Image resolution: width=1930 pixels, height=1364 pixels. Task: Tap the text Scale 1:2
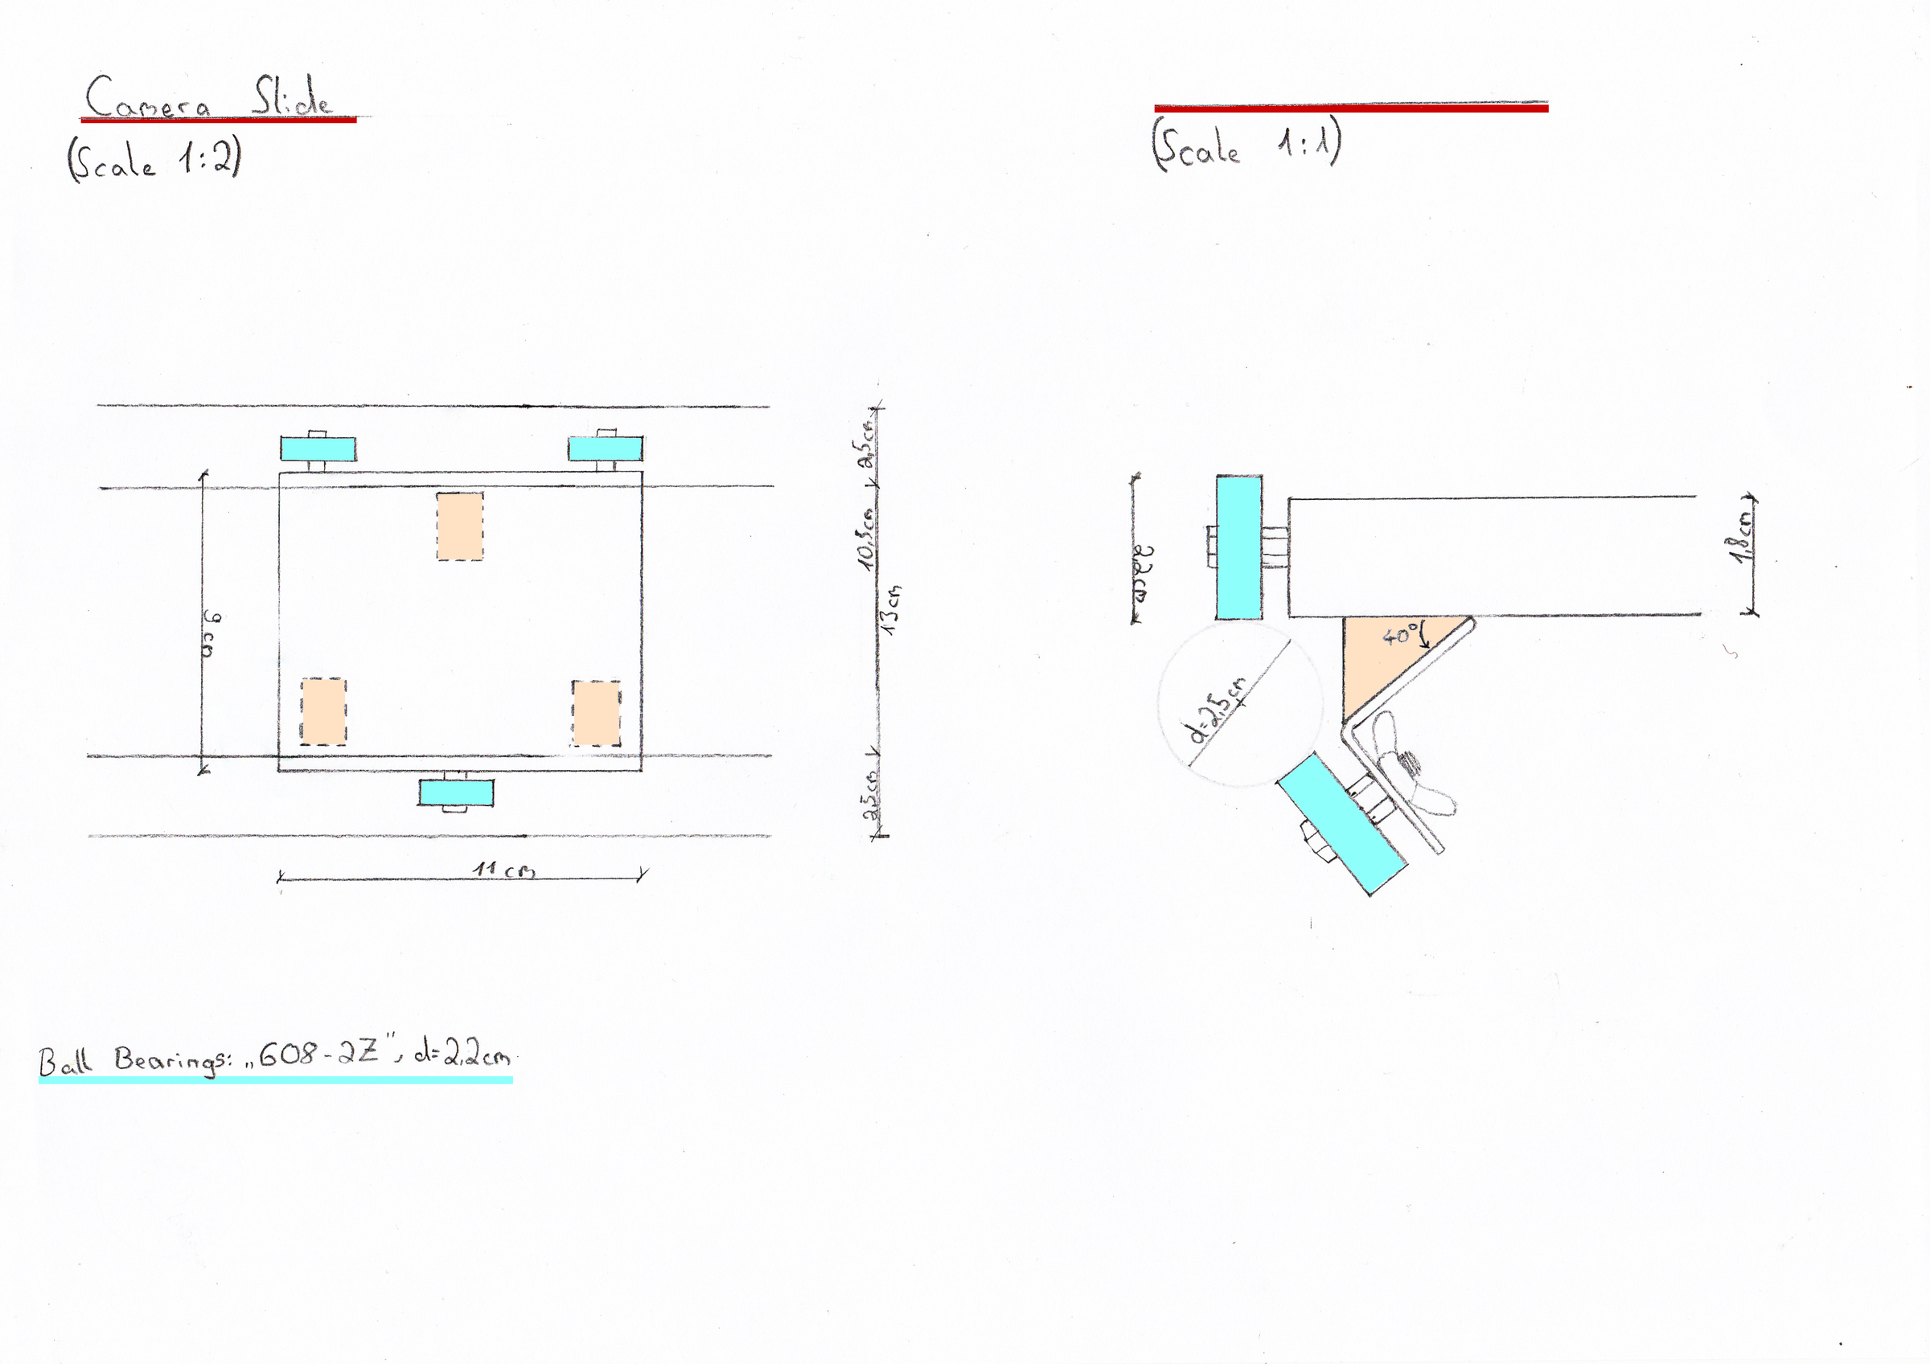point(154,158)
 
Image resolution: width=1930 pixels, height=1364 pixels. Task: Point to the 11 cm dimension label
point(503,869)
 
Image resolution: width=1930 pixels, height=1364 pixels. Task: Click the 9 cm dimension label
point(211,634)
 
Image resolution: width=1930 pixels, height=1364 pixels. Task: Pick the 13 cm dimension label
point(893,607)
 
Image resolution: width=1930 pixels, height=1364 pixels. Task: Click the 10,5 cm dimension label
point(866,539)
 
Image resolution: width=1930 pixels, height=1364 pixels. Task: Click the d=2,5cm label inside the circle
point(1218,711)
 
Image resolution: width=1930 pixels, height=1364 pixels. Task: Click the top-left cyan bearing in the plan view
point(318,449)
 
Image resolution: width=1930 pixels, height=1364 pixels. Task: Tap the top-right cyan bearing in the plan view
point(606,449)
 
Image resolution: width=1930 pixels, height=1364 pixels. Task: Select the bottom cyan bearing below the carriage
point(456,793)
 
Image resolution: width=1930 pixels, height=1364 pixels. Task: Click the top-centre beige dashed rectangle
point(460,526)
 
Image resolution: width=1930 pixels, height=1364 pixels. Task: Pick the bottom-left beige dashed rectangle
point(323,712)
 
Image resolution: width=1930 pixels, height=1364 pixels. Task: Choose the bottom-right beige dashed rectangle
point(597,714)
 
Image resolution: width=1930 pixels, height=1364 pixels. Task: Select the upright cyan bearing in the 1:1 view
point(1239,547)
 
